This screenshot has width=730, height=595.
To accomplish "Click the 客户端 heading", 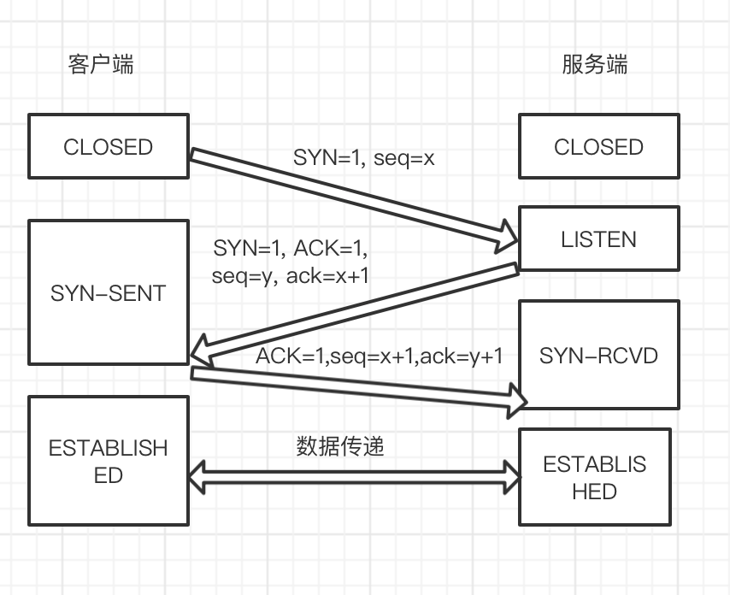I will pyautogui.click(x=101, y=65).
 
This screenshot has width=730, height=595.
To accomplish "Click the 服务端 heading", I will pyautogui.click(x=595, y=65).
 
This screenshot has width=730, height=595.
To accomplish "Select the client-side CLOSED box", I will pyautogui.click(x=108, y=147).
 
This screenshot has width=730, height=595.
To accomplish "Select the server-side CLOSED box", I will pyautogui.click(x=598, y=147).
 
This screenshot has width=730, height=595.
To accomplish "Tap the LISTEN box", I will pyautogui.click(x=598, y=239).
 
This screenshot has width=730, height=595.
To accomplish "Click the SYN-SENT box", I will pyautogui.click(x=108, y=293).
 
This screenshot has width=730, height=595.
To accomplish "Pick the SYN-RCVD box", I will pyautogui.click(x=598, y=355).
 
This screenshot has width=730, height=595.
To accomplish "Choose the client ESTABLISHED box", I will pyautogui.click(x=108, y=462).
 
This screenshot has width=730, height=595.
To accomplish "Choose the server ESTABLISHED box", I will pyautogui.click(x=595, y=477).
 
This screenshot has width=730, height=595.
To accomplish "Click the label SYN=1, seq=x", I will pyautogui.click(x=364, y=158).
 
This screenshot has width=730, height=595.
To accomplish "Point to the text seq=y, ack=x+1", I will pyautogui.click(x=291, y=275).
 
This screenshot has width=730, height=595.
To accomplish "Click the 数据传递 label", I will pyautogui.click(x=340, y=445).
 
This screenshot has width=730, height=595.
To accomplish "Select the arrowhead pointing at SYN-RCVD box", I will pyautogui.click(x=518, y=395).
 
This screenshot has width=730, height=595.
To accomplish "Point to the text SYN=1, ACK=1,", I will pyautogui.click(x=291, y=250).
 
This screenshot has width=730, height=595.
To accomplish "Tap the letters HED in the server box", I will pyautogui.click(x=595, y=492).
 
